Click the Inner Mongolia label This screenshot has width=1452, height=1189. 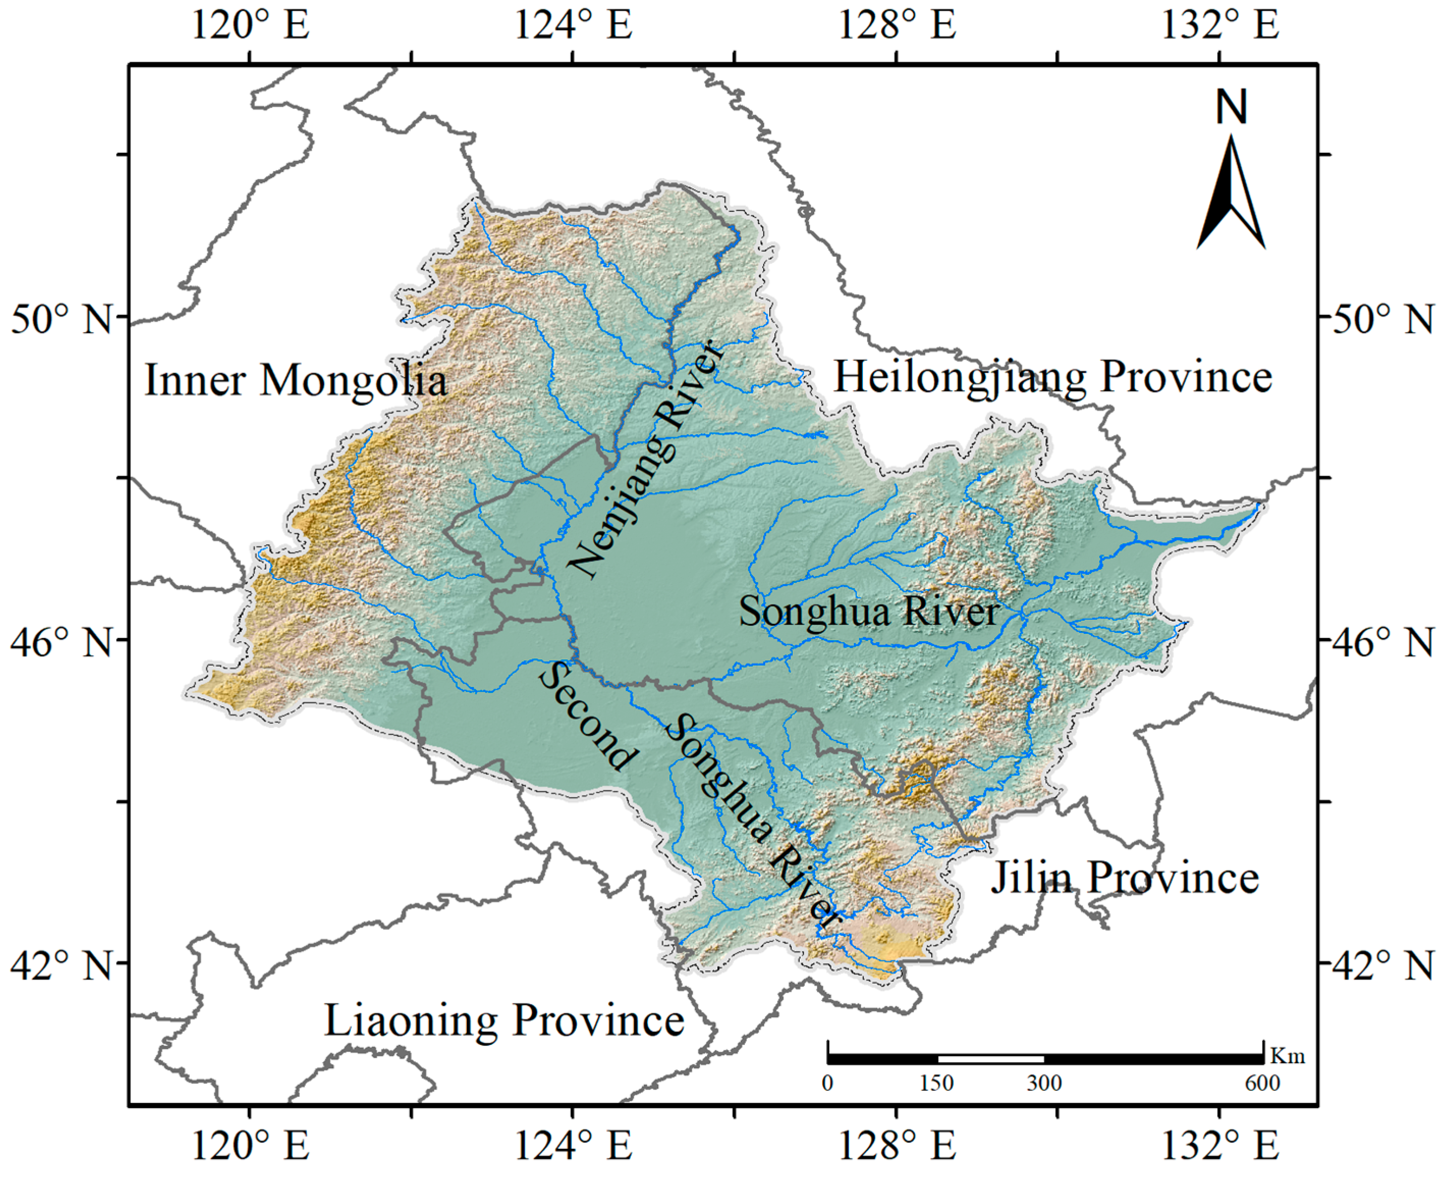(295, 381)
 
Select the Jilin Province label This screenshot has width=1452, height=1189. (1125, 877)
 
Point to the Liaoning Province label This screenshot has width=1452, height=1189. (504, 1020)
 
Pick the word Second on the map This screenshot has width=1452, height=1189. (587, 716)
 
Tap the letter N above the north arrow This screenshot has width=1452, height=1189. (1231, 107)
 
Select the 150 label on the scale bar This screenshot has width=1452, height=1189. (936, 1083)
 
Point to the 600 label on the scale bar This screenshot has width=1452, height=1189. (1262, 1083)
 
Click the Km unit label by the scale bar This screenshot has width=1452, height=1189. (1288, 1056)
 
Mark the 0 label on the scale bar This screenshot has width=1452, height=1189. (828, 1083)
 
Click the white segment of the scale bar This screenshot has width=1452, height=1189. (990, 1059)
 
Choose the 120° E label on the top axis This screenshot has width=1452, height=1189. (250, 25)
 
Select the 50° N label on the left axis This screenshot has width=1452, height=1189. (61, 319)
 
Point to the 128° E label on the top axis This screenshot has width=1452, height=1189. (897, 25)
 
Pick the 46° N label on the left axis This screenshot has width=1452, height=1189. (61, 643)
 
